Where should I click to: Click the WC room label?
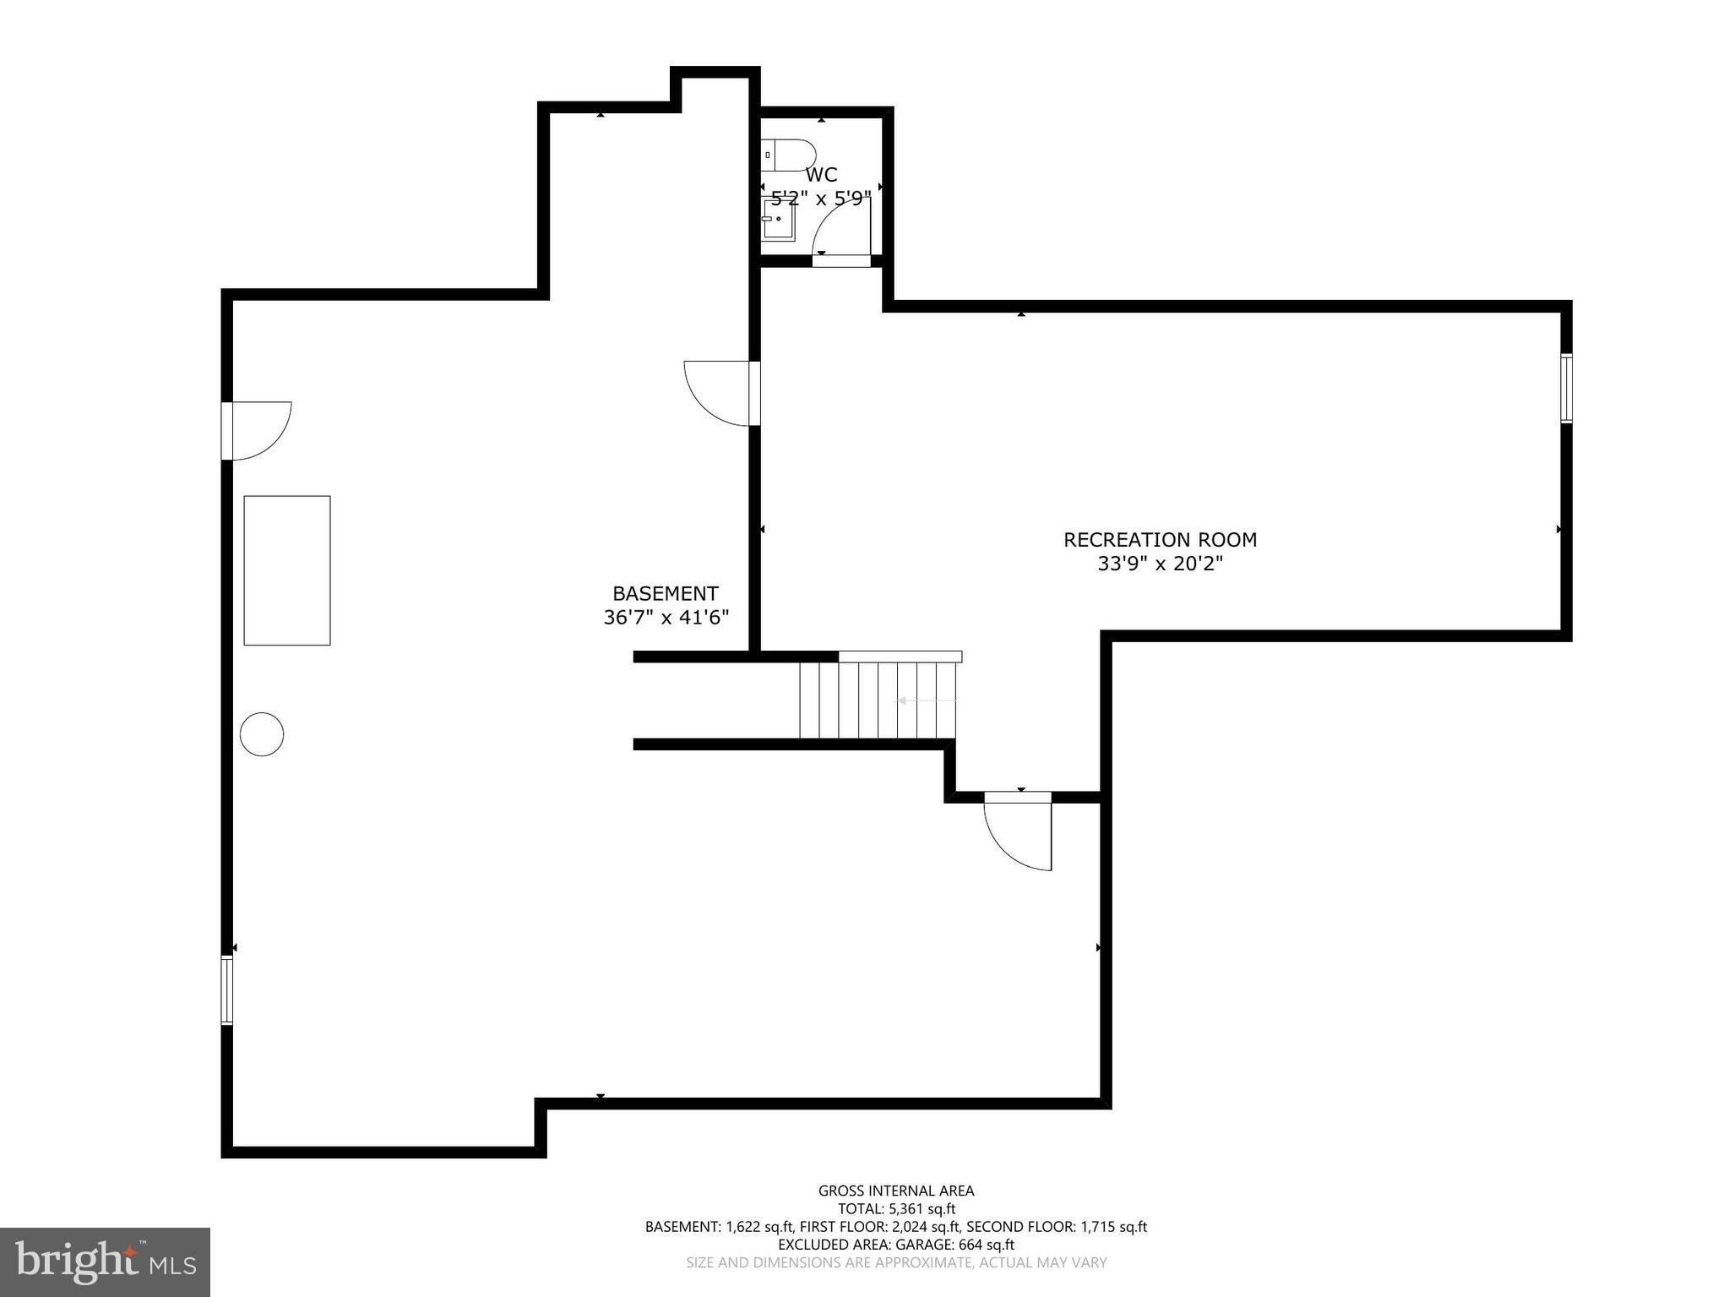[x=821, y=175]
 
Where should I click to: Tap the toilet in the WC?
[x=787, y=155]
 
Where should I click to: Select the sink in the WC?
[x=778, y=221]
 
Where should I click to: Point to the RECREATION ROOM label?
[x=1160, y=540]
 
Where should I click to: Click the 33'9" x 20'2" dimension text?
[x=1160, y=564]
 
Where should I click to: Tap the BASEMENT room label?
[x=666, y=593]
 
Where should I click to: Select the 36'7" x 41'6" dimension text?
[x=666, y=618]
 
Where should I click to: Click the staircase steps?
[x=878, y=700]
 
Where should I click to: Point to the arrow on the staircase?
[x=926, y=700]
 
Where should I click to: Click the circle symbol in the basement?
[x=262, y=734]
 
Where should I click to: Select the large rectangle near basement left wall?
[x=287, y=570]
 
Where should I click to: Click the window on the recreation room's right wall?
[x=1565, y=389]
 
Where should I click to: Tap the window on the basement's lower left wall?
[x=227, y=990]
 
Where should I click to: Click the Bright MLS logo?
[x=105, y=1262]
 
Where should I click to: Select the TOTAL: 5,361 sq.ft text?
[x=895, y=1209]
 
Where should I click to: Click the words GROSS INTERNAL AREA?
[x=895, y=1191]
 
